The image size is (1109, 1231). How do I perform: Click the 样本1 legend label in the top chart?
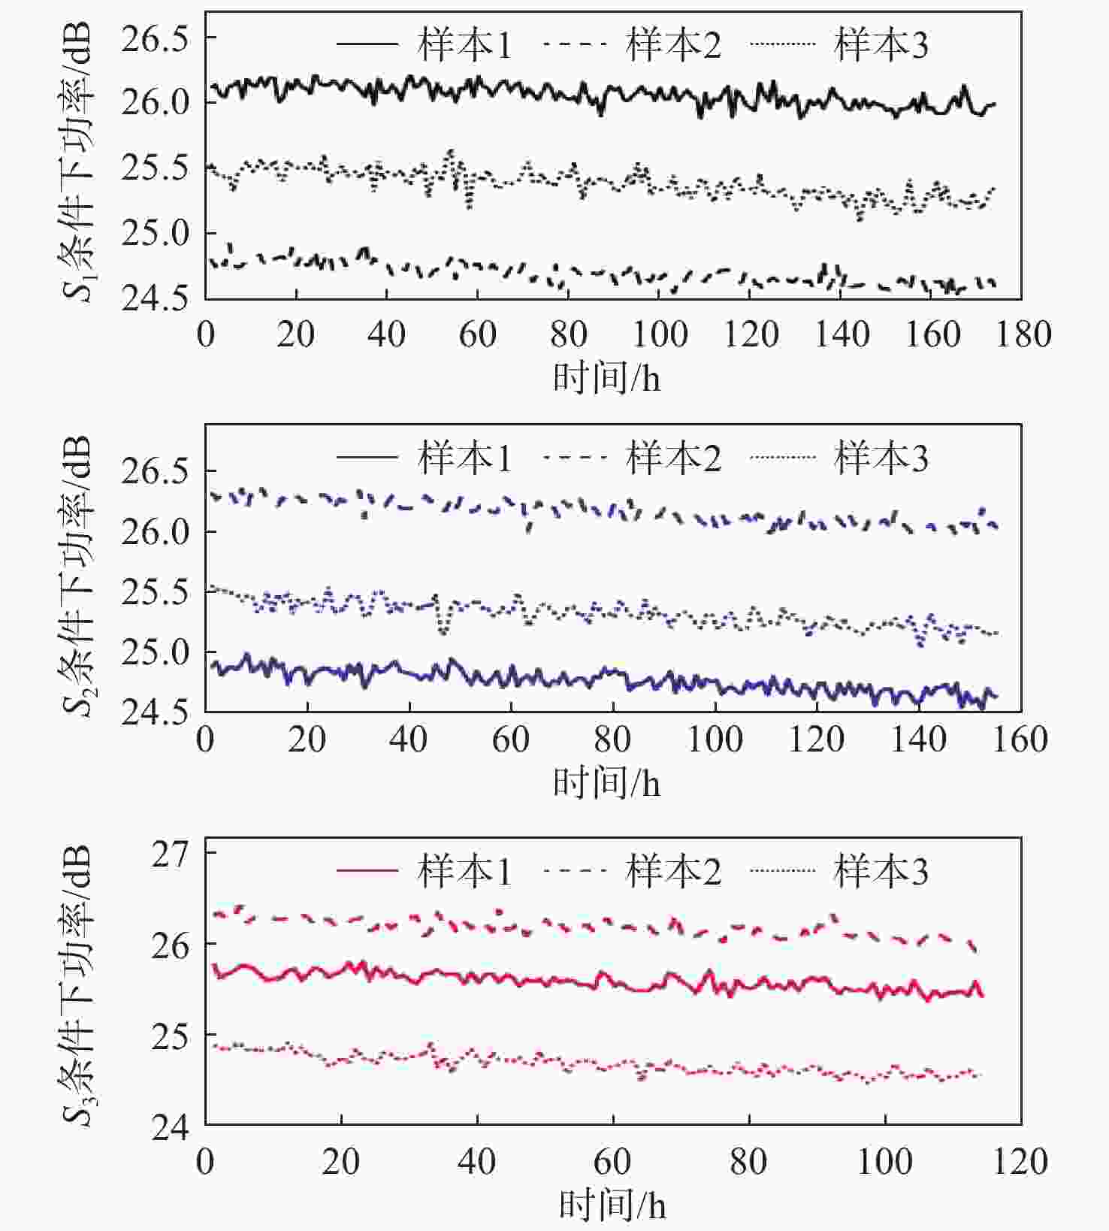pos(464,45)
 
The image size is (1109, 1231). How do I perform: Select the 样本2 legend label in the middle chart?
pos(673,458)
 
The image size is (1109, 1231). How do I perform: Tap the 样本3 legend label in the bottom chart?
pos(881,872)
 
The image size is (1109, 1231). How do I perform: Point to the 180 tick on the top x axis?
pos(1023,334)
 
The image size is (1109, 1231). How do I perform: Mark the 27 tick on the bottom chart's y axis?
pos(171,854)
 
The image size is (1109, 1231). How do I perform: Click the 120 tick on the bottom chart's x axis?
pos(1020,1162)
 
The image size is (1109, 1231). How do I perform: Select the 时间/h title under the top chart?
pos(607,377)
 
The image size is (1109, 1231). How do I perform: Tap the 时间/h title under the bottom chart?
pos(612,1205)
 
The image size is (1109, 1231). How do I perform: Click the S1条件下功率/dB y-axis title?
pos(77,160)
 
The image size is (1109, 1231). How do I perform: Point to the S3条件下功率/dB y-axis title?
pos(77,984)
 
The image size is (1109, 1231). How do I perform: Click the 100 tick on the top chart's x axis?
pos(660,334)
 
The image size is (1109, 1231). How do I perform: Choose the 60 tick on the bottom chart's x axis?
pos(612,1162)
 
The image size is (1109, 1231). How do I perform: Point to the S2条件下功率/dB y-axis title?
pos(77,575)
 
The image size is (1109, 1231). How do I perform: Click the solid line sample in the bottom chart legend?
pos(367,871)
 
